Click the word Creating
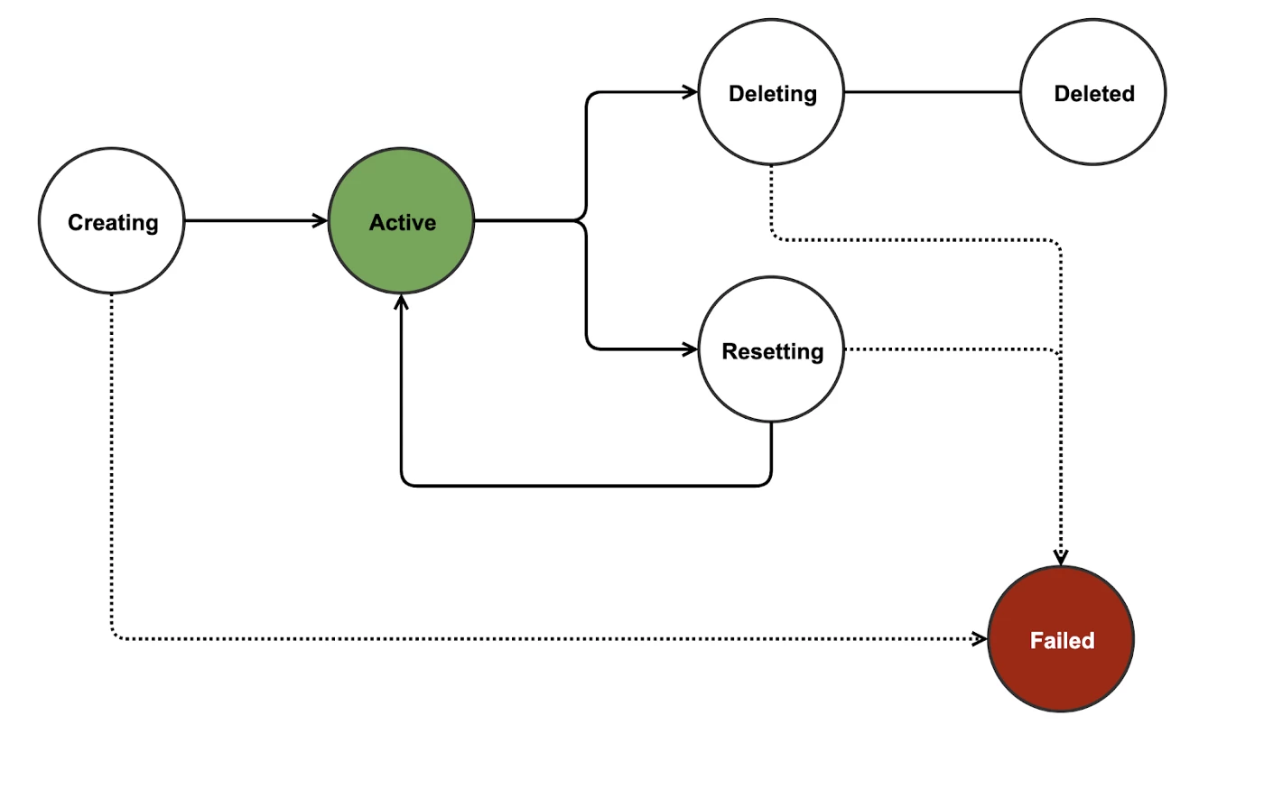coord(113,223)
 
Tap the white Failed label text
coord(1062,641)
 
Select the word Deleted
coord(1094,94)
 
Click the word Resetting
coord(773,351)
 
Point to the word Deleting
coord(773,94)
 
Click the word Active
coord(403,223)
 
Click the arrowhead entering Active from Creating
coord(321,220)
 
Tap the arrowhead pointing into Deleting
coord(691,91)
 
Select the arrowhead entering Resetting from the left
coord(691,349)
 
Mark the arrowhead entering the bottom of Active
coord(401,302)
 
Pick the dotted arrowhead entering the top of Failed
coord(1061,558)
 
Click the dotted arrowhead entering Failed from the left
coord(980,639)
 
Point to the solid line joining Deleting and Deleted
coord(932,92)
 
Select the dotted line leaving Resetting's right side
coord(948,349)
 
